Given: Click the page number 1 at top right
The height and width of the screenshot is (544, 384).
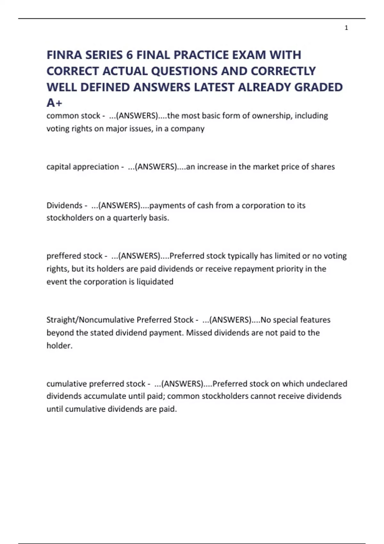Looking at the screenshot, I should pos(346,28).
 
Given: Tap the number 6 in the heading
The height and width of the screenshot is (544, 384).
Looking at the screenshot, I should pos(129,55).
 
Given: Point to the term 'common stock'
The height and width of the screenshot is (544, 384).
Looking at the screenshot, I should pos(73,116).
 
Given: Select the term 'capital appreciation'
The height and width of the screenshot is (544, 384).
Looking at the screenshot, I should pos(83,167).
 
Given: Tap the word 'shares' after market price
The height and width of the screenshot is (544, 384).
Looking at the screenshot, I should pos(322,167).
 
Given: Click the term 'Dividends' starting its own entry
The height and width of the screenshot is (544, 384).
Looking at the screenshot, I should pos(64,205).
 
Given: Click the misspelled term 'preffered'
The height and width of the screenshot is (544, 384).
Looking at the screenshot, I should pos(61,256).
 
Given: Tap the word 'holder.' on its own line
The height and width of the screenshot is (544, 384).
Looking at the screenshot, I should pos(60,346).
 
